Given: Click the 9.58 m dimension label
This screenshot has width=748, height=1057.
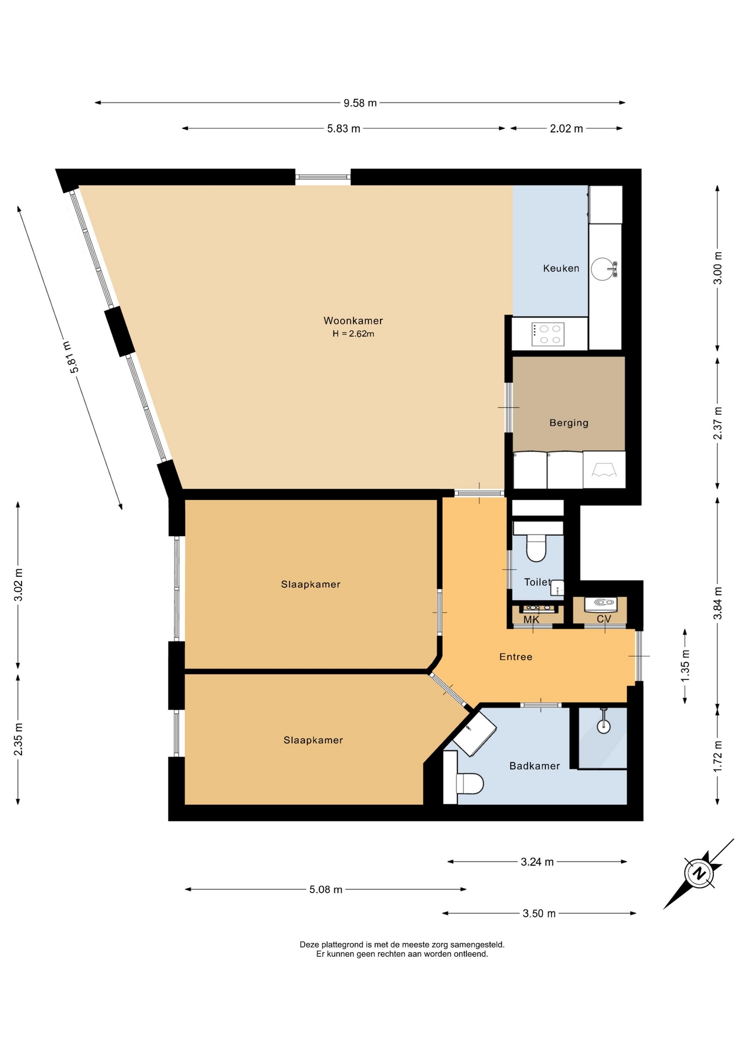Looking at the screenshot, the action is click(360, 102).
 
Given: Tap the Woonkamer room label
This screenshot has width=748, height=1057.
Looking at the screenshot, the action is click(353, 320).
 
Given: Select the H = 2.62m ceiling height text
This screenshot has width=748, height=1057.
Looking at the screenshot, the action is click(353, 334).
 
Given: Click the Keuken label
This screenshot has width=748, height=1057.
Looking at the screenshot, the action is click(561, 268).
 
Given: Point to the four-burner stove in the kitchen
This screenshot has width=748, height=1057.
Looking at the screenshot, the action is click(548, 334).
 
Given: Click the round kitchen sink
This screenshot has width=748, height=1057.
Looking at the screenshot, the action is click(601, 269).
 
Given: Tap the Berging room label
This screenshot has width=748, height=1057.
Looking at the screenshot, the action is click(569, 423).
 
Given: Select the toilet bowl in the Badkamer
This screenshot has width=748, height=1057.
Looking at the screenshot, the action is click(470, 783).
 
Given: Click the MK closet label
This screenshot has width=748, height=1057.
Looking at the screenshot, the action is click(531, 619).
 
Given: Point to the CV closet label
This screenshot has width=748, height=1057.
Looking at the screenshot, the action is click(604, 619).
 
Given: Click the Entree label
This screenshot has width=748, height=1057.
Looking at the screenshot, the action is click(516, 656).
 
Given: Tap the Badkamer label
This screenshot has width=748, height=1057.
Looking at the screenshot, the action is click(534, 766).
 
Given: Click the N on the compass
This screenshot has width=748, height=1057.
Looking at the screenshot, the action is click(699, 873).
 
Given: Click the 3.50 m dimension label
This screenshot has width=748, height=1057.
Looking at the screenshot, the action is click(539, 913).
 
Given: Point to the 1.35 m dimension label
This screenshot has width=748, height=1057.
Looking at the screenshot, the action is click(685, 666).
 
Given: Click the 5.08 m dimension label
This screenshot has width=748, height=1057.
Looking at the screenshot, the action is click(326, 889).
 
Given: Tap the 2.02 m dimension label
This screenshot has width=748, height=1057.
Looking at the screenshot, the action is click(566, 129).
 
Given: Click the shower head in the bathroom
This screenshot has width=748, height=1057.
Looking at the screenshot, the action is click(604, 726).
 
